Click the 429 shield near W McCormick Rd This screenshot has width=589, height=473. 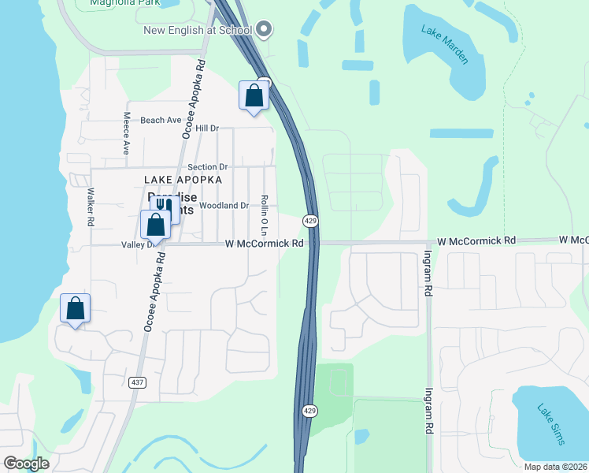tap(311, 222)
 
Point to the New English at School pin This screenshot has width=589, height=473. tap(264, 30)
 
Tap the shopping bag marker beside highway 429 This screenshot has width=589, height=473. tap(254, 96)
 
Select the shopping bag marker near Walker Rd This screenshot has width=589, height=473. tap(76, 308)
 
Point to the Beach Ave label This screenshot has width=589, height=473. tap(161, 120)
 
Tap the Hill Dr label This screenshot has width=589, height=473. tap(207, 128)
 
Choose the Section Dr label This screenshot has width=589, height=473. tap(208, 167)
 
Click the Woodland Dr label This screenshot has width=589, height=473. tap(224, 205)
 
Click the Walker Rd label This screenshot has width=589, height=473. tap(91, 207)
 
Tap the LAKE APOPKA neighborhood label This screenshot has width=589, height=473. tap(180, 180)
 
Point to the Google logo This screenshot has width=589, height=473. tap(26, 464)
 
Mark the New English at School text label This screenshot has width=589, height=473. tap(197, 30)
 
